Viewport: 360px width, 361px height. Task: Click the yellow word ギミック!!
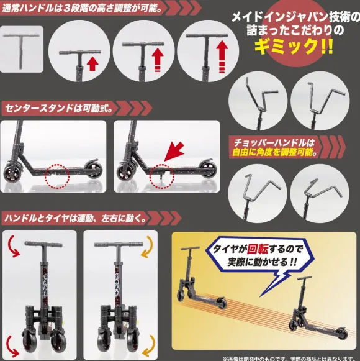click(294, 47)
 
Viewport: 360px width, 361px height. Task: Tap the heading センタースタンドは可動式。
click(59, 108)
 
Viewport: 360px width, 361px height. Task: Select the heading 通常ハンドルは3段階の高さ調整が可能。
click(82, 7)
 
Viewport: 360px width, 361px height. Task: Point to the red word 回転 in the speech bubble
click(258, 249)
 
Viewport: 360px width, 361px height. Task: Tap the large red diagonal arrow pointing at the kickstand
click(174, 151)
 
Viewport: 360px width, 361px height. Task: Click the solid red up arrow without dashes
click(92, 64)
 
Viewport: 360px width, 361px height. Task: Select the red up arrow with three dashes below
click(222, 57)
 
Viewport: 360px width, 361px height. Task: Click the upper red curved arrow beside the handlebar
click(12, 247)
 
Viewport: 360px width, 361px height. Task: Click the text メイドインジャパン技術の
click(295, 17)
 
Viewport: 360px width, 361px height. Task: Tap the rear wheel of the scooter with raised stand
click(93, 170)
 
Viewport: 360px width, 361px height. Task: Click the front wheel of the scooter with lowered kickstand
click(125, 173)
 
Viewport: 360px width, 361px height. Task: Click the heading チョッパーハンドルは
click(274, 143)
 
